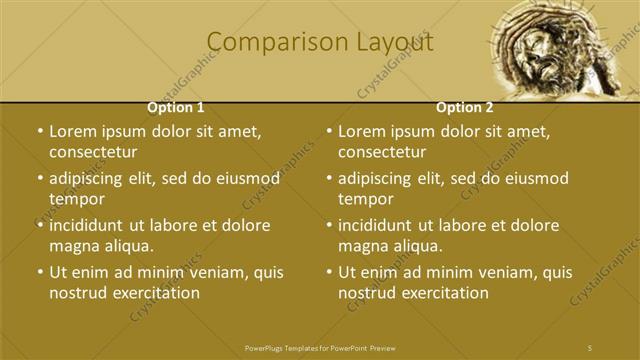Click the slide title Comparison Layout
point(320,43)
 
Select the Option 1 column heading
point(176,107)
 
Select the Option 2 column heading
point(464,107)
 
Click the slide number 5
point(590,346)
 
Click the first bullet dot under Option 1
point(39,131)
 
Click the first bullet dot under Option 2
point(329,131)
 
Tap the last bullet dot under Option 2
point(329,272)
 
